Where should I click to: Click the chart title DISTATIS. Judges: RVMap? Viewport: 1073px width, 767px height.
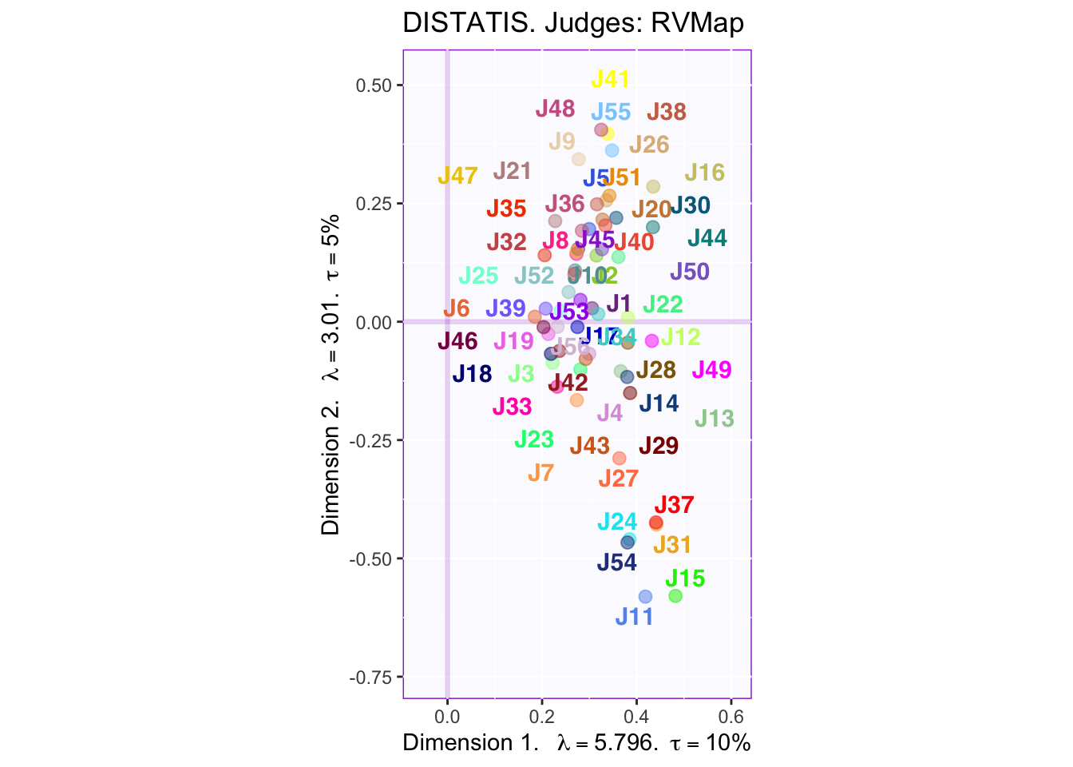click(573, 23)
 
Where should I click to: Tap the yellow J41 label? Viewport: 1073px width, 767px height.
click(610, 79)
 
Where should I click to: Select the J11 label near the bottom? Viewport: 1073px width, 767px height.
click(634, 617)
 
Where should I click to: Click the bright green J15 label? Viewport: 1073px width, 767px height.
click(685, 578)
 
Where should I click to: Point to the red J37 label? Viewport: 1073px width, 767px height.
click(674, 505)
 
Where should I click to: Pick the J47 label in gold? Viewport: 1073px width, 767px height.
click(457, 176)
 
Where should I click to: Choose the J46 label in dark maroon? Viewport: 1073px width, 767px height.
click(457, 342)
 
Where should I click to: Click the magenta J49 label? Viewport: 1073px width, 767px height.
click(711, 370)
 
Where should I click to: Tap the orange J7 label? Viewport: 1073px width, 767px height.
click(540, 473)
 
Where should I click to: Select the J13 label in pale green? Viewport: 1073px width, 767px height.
click(714, 418)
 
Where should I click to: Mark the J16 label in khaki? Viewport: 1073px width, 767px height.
click(704, 173)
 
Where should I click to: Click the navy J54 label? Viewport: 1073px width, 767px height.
click(616, 562)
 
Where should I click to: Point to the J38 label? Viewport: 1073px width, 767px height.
click(667, 113)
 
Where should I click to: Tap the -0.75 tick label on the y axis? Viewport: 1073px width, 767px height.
click(370, 678)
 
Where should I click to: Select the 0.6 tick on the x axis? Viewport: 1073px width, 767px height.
click(731, 713)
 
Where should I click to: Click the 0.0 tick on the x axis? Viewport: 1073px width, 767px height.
click(447, 713)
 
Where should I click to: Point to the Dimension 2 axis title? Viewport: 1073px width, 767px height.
click(331, 374)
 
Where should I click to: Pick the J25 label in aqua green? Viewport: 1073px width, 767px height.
click(478, 276)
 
